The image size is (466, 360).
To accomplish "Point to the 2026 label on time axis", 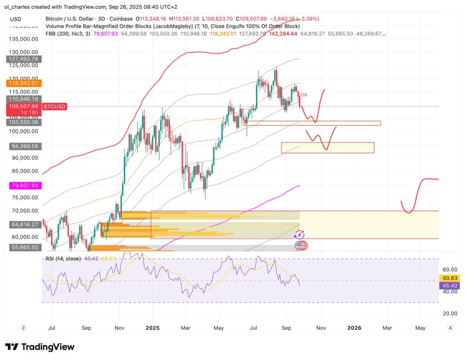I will pyautogui.click(x=354, y=327).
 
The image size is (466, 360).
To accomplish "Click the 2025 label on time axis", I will pyautogui.click(x=152, y=327).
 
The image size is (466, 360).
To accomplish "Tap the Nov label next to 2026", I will pyautogui.click(x=321, y=327).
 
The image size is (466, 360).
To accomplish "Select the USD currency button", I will pyautogui.click(x=15, y=19).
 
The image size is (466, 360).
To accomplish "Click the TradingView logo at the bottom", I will pyautogui.click(x=40, y=347).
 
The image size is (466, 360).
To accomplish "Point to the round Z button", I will pyautogui.click(x=23, y=327).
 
